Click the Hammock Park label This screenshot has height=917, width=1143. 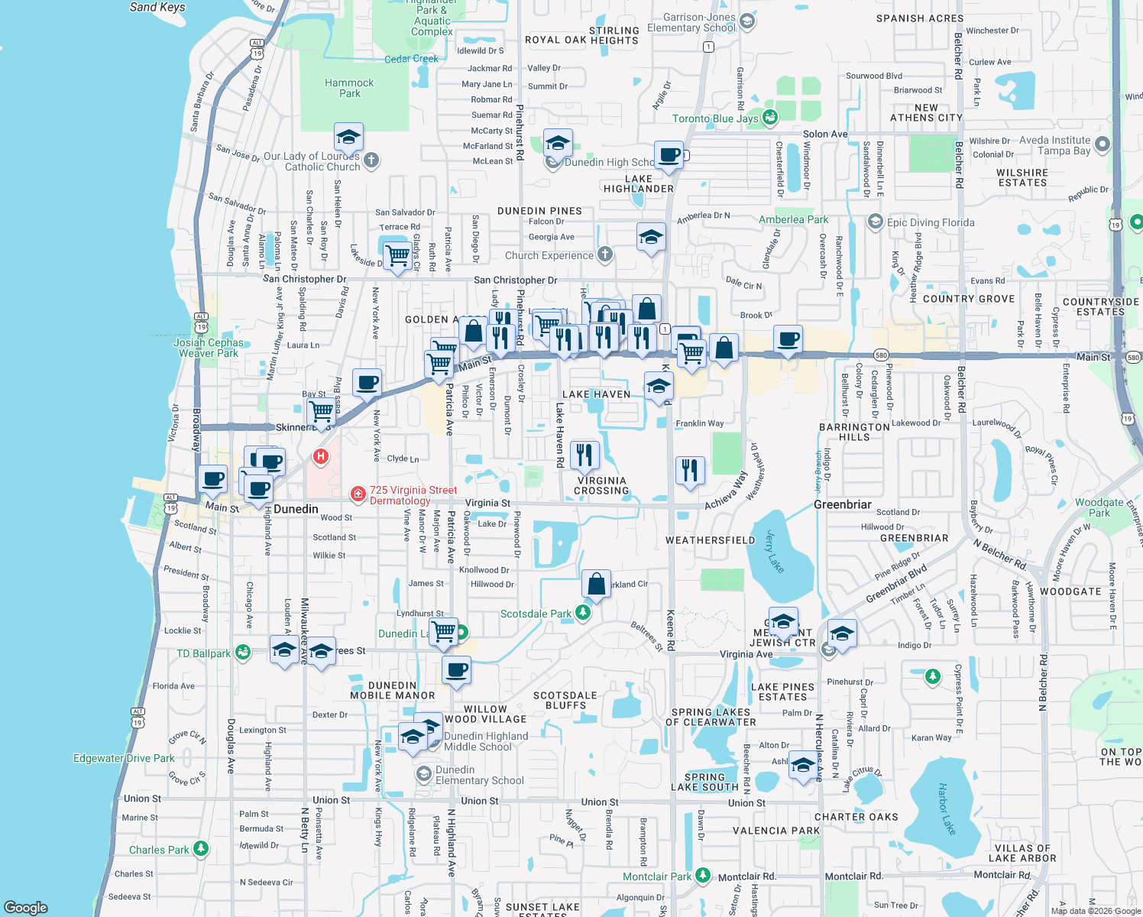click(349, 88)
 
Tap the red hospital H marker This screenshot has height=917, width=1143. click(321, 457)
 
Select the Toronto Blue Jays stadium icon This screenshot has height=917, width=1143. click(770, 118)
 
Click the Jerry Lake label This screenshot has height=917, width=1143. click(775, 551)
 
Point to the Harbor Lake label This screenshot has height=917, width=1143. click(947, 808)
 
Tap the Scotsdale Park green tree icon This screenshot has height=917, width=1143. click(583, 614)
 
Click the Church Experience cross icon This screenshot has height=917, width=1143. click(604, 254)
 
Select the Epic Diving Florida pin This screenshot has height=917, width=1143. click(876, 222)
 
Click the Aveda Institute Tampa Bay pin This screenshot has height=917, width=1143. click(1102, 144)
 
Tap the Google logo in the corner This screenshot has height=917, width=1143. click(25, 908)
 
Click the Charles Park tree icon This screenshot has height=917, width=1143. click(200, 849)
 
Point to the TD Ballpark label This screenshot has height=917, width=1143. click(203, 653)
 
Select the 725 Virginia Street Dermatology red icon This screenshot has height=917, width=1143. click(358, 494)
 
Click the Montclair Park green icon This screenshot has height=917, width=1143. click(703, 876)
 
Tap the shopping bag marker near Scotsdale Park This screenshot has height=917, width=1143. click(595, 584)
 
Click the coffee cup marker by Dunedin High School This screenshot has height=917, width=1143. click(669, 154)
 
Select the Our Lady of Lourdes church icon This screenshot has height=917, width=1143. click(371, 160)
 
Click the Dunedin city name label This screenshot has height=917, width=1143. click(296, 509)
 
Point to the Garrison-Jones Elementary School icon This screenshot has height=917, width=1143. click(747, 22)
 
